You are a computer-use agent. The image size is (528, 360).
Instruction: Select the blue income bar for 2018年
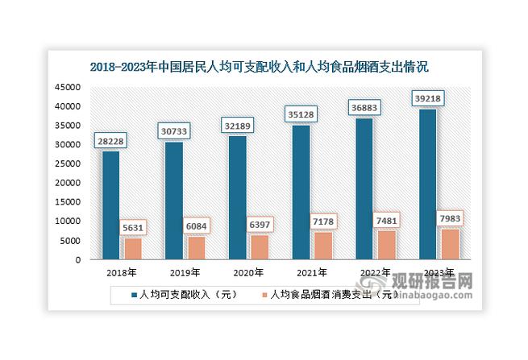(x=110, y=205)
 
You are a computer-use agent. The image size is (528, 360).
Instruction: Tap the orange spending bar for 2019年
(x=196, y=248)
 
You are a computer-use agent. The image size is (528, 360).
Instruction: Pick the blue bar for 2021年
(x=300, y=192)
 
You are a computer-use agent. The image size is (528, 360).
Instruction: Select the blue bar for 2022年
(x=363, y=189)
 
